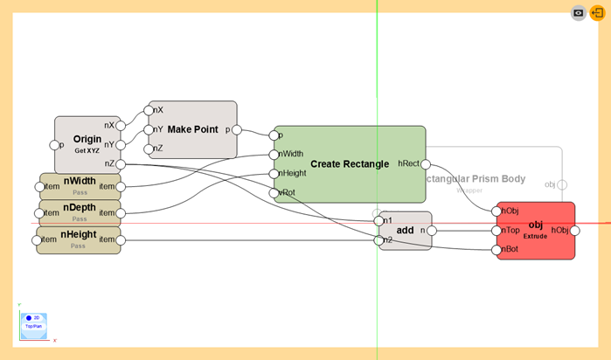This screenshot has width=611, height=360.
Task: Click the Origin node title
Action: [x=87, y=139]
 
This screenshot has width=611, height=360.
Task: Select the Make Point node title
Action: [x=192, y=129]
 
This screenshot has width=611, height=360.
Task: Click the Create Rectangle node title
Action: [x=349, y=163]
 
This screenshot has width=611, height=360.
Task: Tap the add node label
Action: [x=405, y=230]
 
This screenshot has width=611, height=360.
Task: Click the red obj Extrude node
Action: [x=536, y=231]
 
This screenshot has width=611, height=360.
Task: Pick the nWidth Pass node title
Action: [x=80, y=181]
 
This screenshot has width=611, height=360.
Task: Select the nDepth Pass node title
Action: [x=80, y=208]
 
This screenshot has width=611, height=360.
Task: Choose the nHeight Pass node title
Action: [x=79, y=235]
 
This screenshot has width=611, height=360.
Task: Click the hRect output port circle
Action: [x=427, y=163]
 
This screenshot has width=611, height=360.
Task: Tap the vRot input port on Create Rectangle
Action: [x=274, y=193]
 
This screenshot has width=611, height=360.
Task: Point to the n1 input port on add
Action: [x=378, y=220]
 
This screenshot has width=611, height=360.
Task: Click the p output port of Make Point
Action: [x=238, y=129]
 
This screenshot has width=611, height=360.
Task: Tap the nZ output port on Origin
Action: [x=121, y=163]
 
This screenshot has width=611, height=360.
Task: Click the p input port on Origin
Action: [x=54, y=145]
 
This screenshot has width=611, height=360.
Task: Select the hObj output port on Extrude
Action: [x=575, y=231]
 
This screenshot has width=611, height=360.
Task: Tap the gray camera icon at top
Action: [x=579, y=13]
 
